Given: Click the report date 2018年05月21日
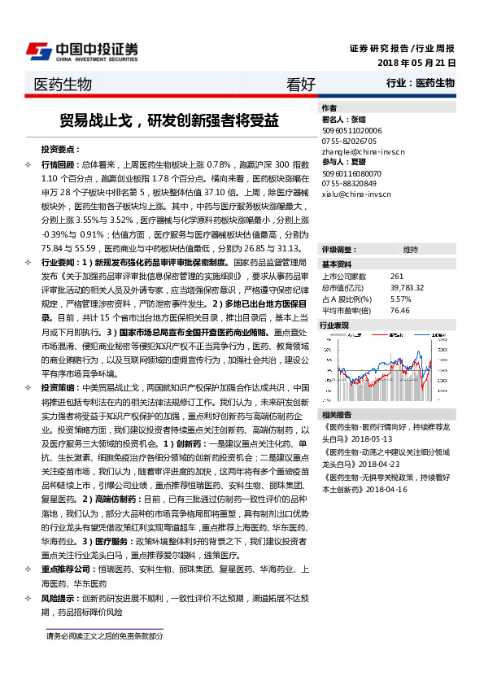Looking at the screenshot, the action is click(x=416, y=63).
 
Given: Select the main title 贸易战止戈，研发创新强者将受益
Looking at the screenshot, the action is click(x=169, y=120).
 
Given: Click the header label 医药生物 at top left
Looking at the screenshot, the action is click(x=63, y=84).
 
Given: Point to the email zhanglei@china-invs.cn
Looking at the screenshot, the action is click(x=357, y=151).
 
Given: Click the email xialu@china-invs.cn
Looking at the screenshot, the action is click(x=351, y=194).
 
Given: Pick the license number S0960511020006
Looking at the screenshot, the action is click(x=352, y=129).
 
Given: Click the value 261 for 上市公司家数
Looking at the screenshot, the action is click(x=397, y=277).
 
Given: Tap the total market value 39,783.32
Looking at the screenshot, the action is click(x=408, y=287).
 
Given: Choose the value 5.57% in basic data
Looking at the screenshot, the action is click(x=401, y=299).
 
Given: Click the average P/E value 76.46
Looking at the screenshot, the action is click(x=400, y=310).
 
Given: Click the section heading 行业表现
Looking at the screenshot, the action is click(x=335, y=325).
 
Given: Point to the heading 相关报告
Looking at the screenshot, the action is click(x=335, y=414).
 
